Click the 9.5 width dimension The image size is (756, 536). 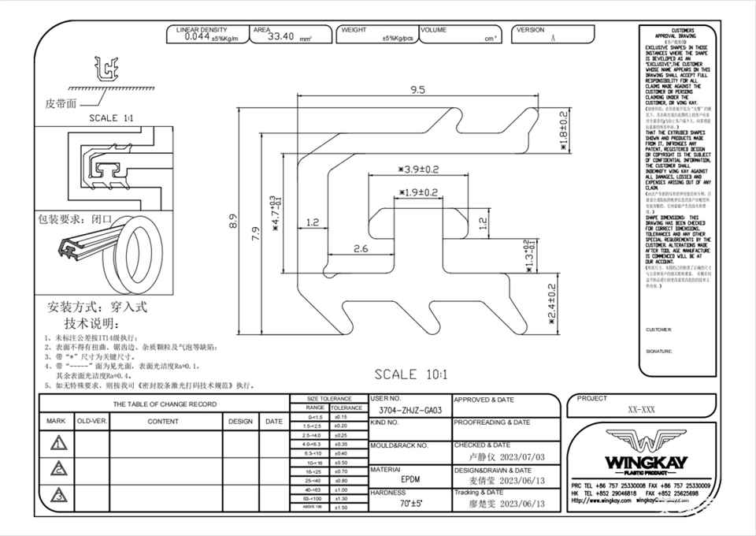[417, 89]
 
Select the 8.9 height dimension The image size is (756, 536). [233, 224]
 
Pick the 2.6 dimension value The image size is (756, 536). [359, 249]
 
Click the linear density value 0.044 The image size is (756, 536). [197, 35]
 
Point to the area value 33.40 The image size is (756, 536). [280, 36]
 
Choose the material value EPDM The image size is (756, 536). [409, 478]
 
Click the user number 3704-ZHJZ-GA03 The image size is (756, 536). [410, 411]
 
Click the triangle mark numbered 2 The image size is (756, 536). [57, 470]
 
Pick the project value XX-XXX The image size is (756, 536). [642, 411]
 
